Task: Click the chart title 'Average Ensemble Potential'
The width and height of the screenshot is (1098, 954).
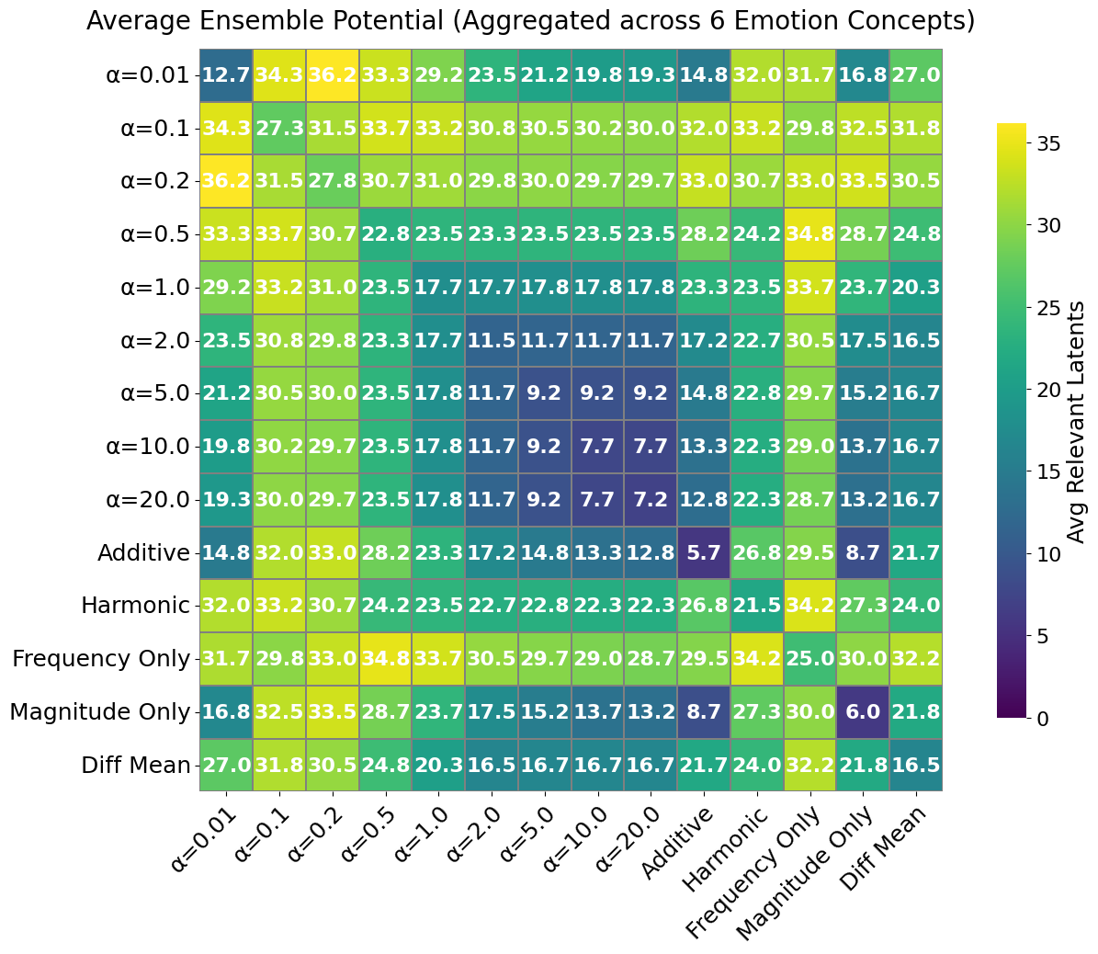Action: [x=530, y=20]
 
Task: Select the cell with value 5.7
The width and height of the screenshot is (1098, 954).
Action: [x=703, y=552]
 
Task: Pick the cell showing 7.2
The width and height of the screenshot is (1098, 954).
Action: [x=651, y=499]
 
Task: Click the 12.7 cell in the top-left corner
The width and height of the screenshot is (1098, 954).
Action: [x=226, y=74]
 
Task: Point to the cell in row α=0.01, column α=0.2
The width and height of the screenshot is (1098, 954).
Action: [x=332, y=74]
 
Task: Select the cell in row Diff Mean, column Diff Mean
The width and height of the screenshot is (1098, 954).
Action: [x=915, y=765]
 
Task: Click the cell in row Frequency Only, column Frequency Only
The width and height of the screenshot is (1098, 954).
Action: [x=809, y=659]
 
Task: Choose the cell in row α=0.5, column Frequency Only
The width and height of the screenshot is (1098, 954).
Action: [x=809, y=233]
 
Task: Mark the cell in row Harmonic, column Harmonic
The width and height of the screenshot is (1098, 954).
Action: [x=756, y=606]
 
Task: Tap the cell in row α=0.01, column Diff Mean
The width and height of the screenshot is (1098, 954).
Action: [x=915, y=74]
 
